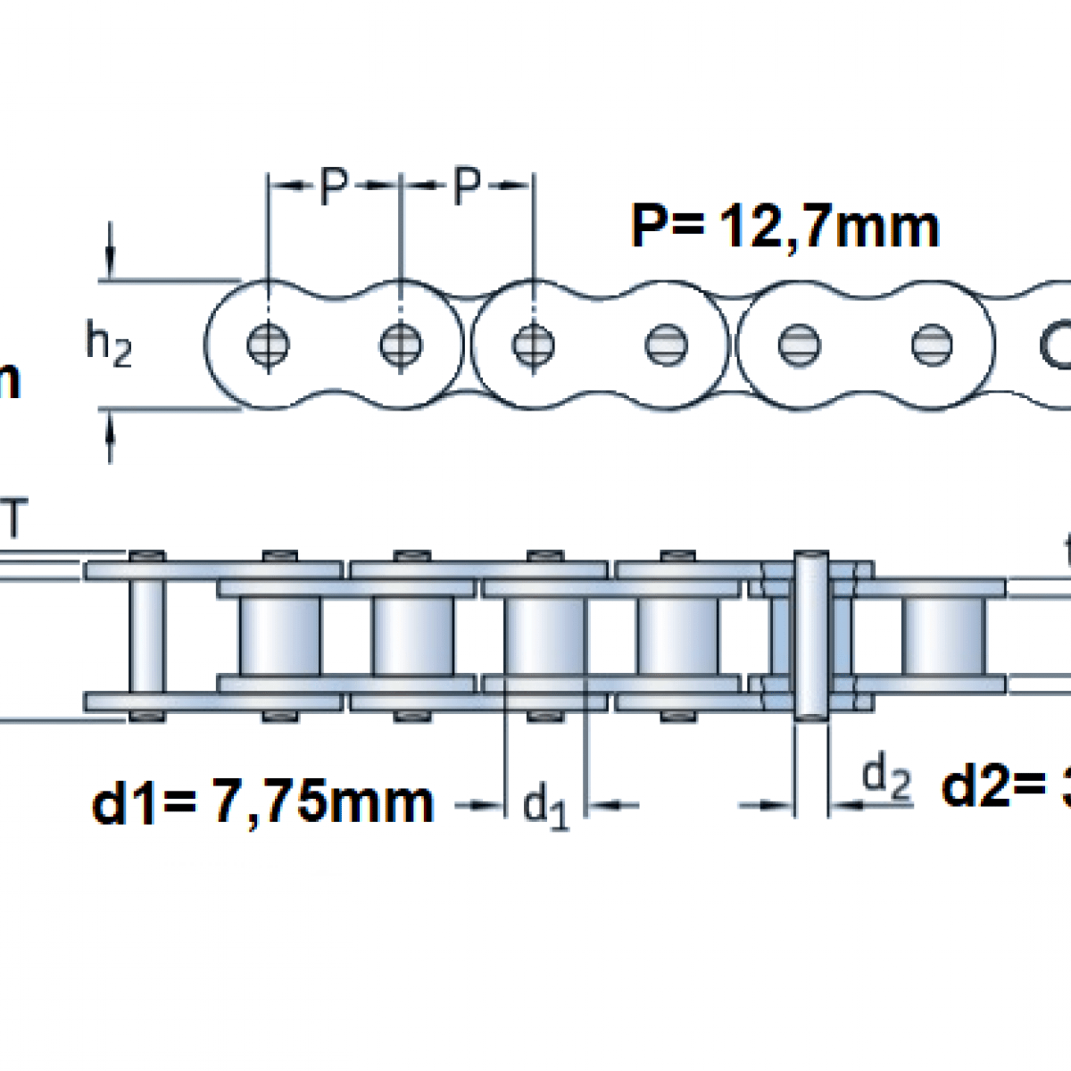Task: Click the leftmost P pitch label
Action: tap(332, 186)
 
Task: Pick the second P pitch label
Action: tap(466, 186)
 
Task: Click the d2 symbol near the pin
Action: tap(887, 779)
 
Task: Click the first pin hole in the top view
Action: tap(268, 345)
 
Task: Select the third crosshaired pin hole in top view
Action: tap(534, 345)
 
